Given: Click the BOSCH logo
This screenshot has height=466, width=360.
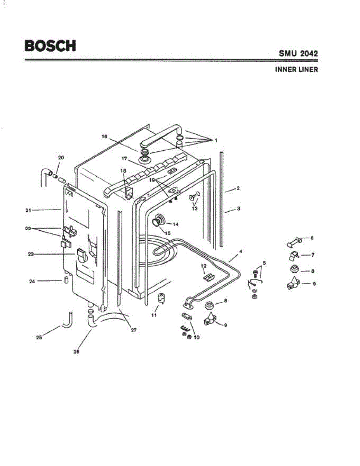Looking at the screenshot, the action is [50, 46].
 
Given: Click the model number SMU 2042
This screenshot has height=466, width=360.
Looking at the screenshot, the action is [298, 53].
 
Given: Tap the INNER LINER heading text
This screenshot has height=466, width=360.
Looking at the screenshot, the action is [296, 70].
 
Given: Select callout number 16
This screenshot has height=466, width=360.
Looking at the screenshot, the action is [104, 137].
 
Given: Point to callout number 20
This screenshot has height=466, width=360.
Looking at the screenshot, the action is [61, 158].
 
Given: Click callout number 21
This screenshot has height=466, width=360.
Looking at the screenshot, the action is [28, 210].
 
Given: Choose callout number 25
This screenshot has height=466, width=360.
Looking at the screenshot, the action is [39, 337].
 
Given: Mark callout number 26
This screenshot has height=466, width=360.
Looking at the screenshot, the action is [77, 351].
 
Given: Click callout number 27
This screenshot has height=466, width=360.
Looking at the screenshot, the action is [133, 330].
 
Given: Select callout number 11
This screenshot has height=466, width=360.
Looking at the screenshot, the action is [154, 315].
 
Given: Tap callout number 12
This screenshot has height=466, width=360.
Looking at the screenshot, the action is [203, 266].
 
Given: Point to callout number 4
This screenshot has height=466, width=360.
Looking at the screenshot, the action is [241, 252].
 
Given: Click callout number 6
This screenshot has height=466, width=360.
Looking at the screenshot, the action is [311, 238].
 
